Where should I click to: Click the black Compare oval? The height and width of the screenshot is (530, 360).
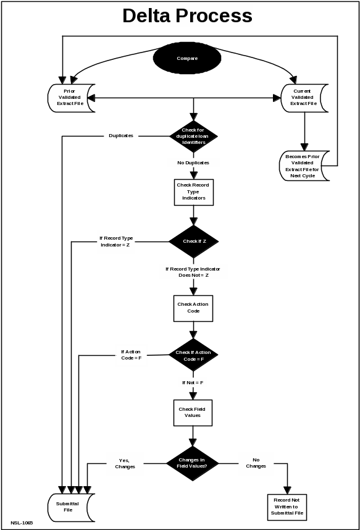[x=187, y=58]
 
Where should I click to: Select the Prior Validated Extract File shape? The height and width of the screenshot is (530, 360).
[x=70, y=98]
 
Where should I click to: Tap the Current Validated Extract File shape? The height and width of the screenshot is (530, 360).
[x=304, y=98]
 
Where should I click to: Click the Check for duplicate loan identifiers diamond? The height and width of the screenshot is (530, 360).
[x=193, y=137]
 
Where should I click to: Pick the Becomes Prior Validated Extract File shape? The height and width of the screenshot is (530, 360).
[x=304, y=166]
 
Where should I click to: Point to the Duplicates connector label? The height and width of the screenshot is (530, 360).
[x=121, y=135]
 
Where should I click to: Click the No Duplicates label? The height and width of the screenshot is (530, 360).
[x=193, y=162]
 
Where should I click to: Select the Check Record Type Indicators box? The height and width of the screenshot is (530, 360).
[x=194, y=192]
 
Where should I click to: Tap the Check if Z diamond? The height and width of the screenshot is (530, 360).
[x=194, y=242]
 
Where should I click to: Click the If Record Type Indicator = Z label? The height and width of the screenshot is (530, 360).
[x=115, y=242]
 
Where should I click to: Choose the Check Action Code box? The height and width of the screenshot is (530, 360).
[x=193, y=308]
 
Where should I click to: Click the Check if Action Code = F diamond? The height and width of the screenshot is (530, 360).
[x=193, y=355]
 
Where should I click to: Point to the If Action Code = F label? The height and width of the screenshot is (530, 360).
[x=131, y=355]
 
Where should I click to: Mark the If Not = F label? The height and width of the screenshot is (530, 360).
[x=193, y=382]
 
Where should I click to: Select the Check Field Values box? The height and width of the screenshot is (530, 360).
[x=193, y=413]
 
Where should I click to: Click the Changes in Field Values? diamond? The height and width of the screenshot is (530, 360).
[x=192, y=463]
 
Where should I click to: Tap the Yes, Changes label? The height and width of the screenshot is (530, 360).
[x=125, y=463]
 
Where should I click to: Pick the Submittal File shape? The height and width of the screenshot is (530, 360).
[x=70, y=508]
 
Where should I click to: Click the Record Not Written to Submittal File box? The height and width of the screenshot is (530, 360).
[x=287, y=507]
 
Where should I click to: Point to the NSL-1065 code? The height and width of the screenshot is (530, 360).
[x=22, y=523]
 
